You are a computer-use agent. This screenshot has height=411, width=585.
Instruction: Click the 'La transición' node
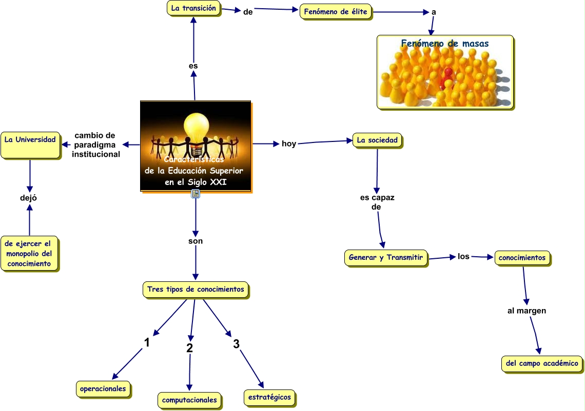point(193,8)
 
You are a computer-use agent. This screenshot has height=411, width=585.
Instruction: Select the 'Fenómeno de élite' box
point(336,12)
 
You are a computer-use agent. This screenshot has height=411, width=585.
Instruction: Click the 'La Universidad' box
point(30,146)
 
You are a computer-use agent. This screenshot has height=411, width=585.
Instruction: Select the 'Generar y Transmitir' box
point(385,258)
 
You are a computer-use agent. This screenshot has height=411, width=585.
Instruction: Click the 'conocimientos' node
point(522,258)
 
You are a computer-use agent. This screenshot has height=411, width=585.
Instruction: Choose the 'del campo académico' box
point(541,363)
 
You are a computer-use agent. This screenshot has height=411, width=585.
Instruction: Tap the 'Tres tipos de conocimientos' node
point(196,290)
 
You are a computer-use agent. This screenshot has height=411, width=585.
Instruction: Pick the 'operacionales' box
point(103,388)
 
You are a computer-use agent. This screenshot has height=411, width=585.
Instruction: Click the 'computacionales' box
point(189,400)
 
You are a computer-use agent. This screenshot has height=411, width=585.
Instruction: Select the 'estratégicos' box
point(269,397)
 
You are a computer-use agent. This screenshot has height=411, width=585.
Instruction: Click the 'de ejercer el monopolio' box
point(29,254)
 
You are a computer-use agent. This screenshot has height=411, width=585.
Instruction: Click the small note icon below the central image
point(196,193)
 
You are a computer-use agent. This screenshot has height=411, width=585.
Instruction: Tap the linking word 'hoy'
point(289,143)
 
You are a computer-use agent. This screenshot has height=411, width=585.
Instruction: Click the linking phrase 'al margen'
point(526,311)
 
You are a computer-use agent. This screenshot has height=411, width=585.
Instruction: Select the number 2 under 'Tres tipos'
point(189,347)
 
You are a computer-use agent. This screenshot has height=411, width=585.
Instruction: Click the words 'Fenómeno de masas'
point(444,44)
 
